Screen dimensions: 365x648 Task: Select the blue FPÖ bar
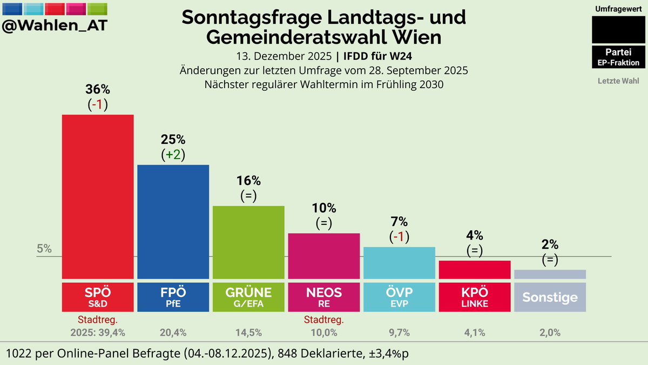[173, 221]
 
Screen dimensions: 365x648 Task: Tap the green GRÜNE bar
[248, 242]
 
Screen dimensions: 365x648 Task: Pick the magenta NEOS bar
[324, 255]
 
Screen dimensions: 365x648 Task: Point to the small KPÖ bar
[475, 269]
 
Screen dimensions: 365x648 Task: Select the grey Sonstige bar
[550, 274]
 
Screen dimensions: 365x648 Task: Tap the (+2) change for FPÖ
[173, 155]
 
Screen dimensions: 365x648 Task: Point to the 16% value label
[248, 181]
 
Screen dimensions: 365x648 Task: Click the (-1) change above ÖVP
[399, 236]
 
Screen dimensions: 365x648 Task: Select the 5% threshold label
[44, 249]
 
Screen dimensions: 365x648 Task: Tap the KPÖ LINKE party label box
[475, 297]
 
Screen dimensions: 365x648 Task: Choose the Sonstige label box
[550, 297]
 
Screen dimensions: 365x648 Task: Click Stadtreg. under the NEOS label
[324, 320]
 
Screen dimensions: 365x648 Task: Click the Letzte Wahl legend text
[618, 82]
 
